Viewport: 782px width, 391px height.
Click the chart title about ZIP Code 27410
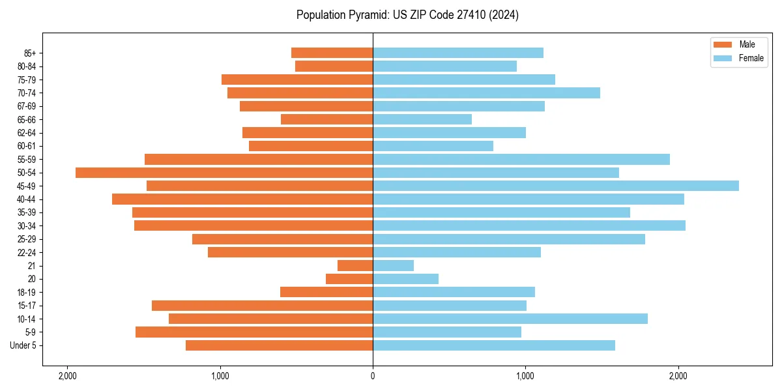point(407,15)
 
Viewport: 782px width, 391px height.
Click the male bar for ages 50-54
point(224,173)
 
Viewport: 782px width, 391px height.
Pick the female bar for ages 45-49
point(555,186)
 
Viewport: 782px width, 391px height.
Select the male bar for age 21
point(355,266)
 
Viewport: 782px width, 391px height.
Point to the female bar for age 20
point(405,279)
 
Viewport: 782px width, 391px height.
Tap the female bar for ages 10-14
point(510,319)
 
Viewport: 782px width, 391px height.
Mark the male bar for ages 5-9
point(254,332)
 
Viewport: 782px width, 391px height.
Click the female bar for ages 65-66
point(422,119)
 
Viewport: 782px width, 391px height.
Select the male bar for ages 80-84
point(334,66)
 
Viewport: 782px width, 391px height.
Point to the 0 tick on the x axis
point(373,375)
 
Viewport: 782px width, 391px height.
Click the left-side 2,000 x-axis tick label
point(67,375)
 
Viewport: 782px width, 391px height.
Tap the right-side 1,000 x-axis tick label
point(525,375)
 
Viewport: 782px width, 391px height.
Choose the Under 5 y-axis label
point(23,345)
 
